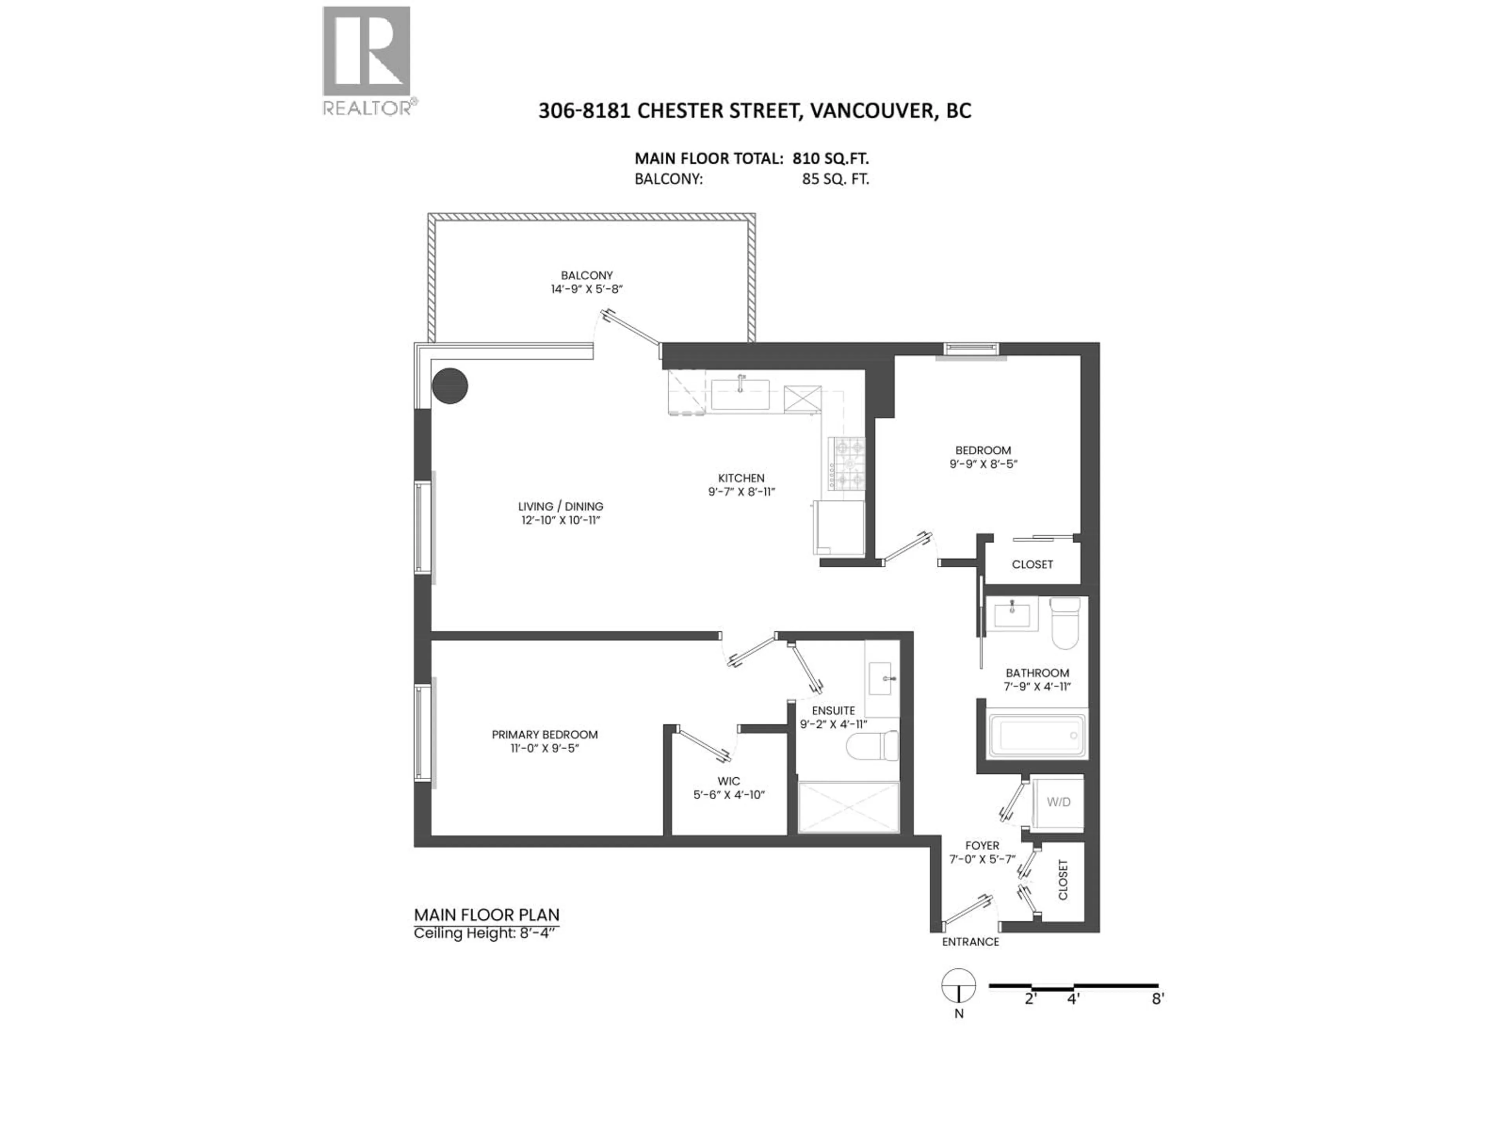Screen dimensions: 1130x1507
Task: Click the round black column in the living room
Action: pyautogui.click(x=450, y=386)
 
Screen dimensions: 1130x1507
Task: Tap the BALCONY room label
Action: pyautogui.click(x=587, y=275)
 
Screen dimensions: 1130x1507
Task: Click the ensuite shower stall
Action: pyautogui.click(x=848, y=808)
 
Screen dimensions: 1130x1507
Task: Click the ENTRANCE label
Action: pyautogui.click(x=970, y=941)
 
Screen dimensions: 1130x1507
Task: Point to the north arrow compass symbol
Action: pyautogui.click(x=959, y=986)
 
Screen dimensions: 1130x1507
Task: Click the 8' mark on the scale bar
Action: pyautogui.click(x=1157, y=999)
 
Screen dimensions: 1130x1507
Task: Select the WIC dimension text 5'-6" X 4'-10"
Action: pyautogui.click(x=729, y=794)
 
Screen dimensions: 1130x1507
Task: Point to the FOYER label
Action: pyautogui.click(x=982, y=845)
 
